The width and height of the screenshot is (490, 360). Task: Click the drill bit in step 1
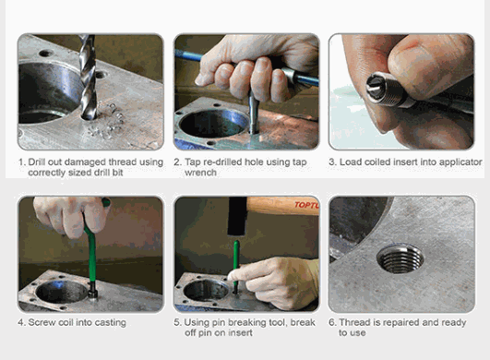pos(88,77)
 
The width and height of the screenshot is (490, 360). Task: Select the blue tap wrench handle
pos(247,68)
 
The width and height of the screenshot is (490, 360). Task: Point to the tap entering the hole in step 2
pos(254,113)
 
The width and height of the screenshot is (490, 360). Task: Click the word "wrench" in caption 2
pos(200,173)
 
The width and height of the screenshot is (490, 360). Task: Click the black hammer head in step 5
pos(237,216)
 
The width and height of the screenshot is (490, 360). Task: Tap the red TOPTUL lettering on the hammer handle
pos(306,205)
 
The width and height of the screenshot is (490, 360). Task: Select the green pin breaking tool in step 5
pos(236,267)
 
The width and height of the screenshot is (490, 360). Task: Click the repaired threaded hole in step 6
pos(400,259)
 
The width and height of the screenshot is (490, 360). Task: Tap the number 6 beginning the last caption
pos(331,322)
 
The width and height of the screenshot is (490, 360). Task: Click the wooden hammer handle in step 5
pos(282,206)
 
